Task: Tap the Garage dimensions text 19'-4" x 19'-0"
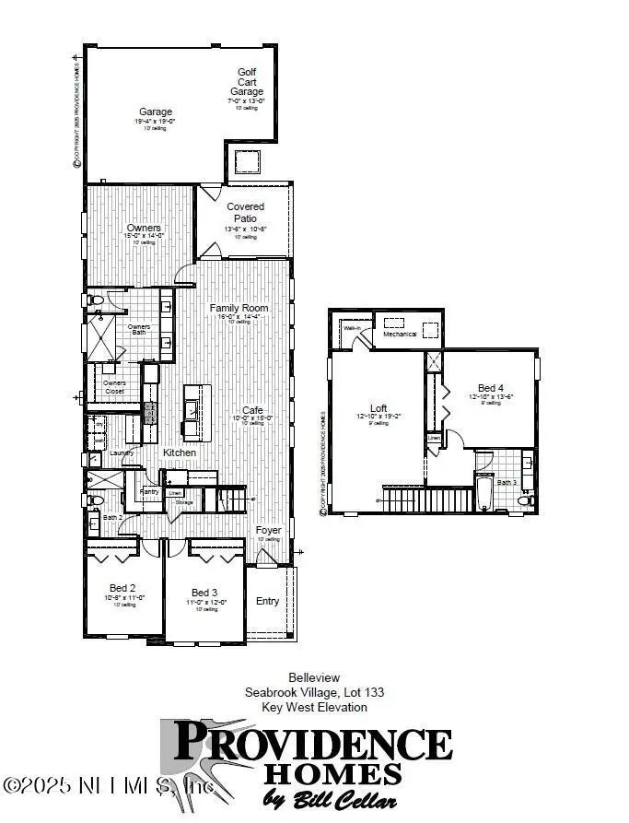(x=156, y=121)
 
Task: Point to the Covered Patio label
(x=245, y=213)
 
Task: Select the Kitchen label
(x=180, y=453)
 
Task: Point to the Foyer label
(x=268, y=530)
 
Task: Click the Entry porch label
(x=267, y=601)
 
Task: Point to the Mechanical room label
(x=401, y=334)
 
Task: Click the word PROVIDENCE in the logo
(x=312, y=743)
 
